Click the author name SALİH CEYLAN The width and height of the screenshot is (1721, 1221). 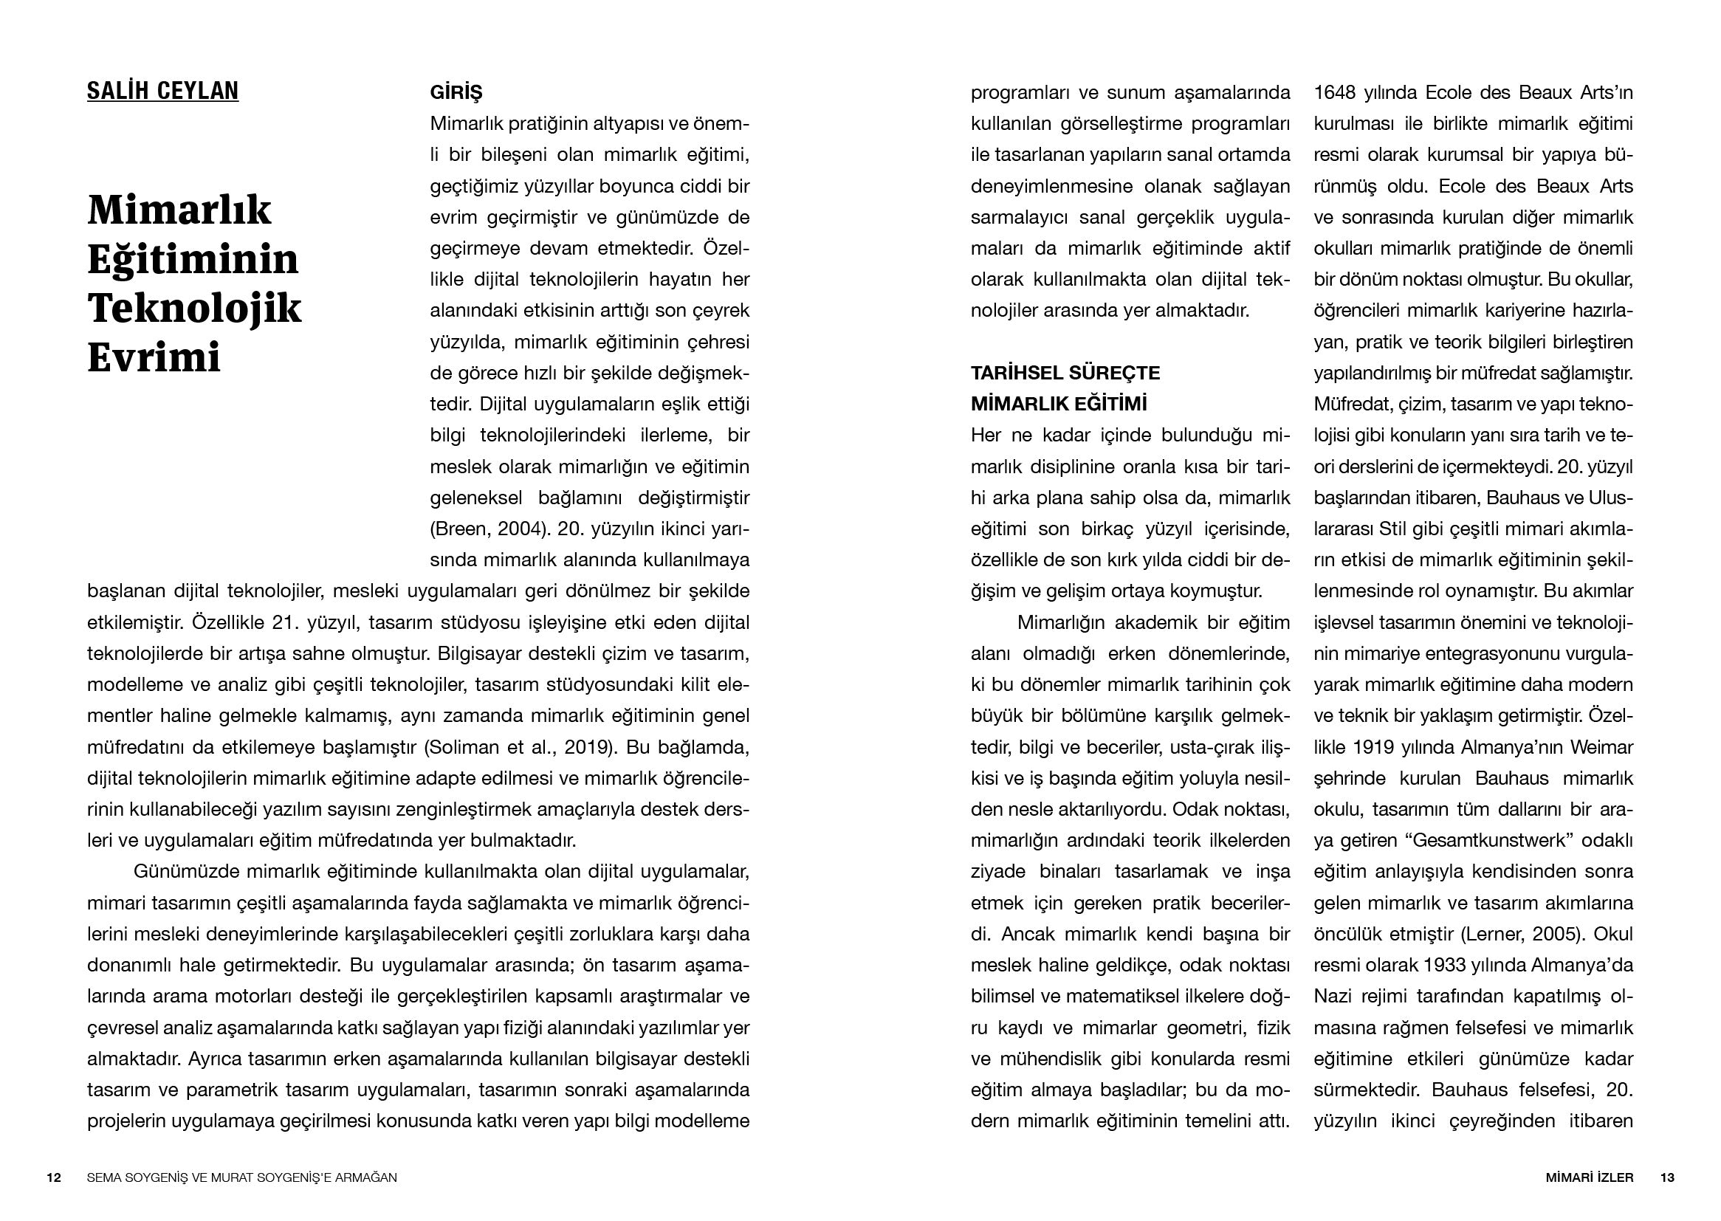(x=162, y=91)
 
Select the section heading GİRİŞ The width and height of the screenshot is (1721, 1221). (x=456, y=92)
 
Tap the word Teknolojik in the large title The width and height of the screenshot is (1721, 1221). (x=194, y=308)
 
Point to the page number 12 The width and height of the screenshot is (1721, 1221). (x=53, y=1177)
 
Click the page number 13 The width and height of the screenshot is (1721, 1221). (x=1667, y=1177)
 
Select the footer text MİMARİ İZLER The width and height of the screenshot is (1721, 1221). (x=1587, y=1177)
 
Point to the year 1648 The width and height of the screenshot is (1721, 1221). (x=1335, y=92)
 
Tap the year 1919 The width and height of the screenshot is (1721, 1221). (x=1373, y=747)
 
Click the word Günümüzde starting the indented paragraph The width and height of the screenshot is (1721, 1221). (x=183, y=871)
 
